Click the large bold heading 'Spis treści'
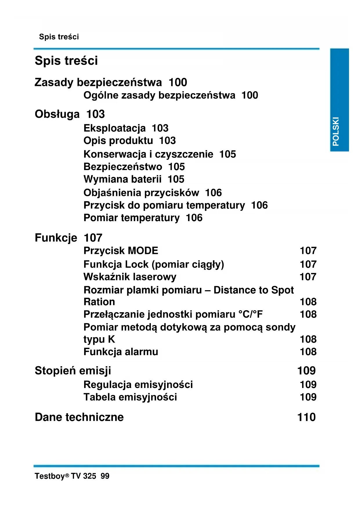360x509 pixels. [x=66, y=61]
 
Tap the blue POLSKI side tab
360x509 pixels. [x=339, y=100]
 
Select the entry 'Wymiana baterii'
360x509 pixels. [x=122, y=179]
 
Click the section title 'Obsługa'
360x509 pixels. [x=57, y=114]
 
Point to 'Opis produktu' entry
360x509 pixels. [x=118, y=141]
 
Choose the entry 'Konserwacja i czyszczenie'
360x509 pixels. [x=148, y=154]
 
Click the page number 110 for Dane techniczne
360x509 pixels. [x=306, y=417]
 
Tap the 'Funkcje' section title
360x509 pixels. [x=56, y=238]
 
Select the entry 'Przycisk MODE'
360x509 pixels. [x=121, y=251]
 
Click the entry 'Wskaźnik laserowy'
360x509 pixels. [x=130, y=277]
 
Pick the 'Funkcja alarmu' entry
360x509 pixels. [x=121, y=352]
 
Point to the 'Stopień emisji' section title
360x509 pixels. [x=73, y=371]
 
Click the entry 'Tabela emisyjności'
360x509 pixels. [x=130, y=397]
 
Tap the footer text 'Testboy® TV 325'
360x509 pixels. [x=65, y=476]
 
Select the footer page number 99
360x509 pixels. [x=105, y=476]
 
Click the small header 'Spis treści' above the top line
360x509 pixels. [x=59, y=37]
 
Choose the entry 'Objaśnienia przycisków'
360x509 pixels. [x=141, y=193]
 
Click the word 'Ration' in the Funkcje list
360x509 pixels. [x=99, y=302]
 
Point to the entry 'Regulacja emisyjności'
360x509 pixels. [x=138, y=385]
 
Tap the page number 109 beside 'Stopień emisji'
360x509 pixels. [x=306, y=371]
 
